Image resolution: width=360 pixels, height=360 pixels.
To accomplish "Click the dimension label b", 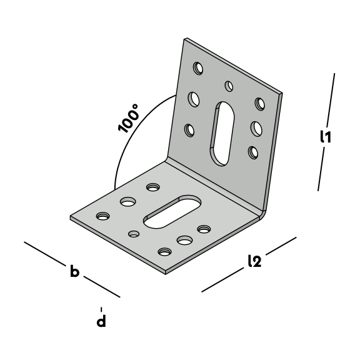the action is pos(75,271).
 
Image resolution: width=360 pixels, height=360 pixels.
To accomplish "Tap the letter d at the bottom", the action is pos(101,321).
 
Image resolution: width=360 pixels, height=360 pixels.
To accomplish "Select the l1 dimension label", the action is pos(326,137).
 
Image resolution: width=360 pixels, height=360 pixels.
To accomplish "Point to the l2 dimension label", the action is pos(255,261).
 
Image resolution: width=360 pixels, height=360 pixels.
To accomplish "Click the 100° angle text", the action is pos(128,118).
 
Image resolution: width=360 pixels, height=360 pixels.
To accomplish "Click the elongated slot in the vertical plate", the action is pos(222,134).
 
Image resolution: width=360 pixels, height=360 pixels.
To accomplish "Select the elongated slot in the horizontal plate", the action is pos(172,212).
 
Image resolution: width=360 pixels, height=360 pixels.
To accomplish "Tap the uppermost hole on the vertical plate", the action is pos(198,68).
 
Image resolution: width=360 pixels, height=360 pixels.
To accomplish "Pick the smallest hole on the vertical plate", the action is pos(229,86).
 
